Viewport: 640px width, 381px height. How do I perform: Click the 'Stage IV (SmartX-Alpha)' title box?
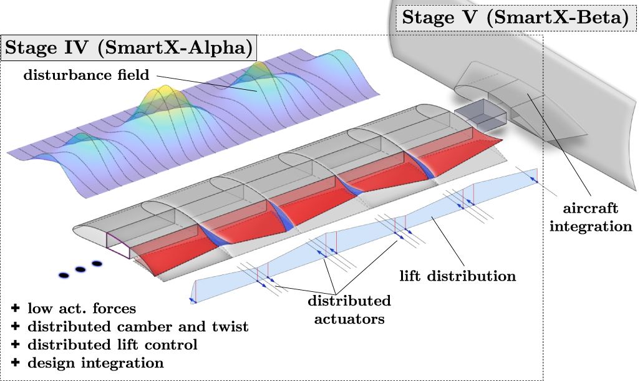pos(128,48)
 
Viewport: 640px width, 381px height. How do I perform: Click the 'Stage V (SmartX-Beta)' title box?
pos(515,17)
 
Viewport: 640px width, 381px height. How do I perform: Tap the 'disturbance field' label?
pos(87,75)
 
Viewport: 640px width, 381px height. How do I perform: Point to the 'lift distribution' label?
pos(458,275)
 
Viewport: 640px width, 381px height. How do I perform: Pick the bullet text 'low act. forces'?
pos(82,308)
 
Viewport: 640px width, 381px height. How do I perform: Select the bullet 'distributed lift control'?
pos(112,344)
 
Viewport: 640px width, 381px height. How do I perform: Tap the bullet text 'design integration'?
pos(95,362)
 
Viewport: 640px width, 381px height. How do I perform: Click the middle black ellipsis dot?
pos(80,269)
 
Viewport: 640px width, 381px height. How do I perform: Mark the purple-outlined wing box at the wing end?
pos(119,246)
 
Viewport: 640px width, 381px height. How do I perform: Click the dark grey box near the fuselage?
pos(473,116)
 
